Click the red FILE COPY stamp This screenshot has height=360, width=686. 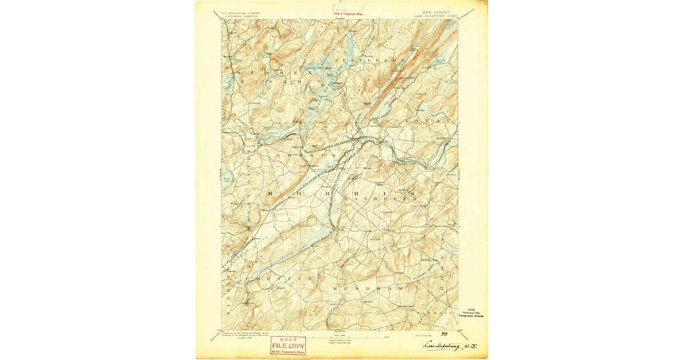tap(288, 346)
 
